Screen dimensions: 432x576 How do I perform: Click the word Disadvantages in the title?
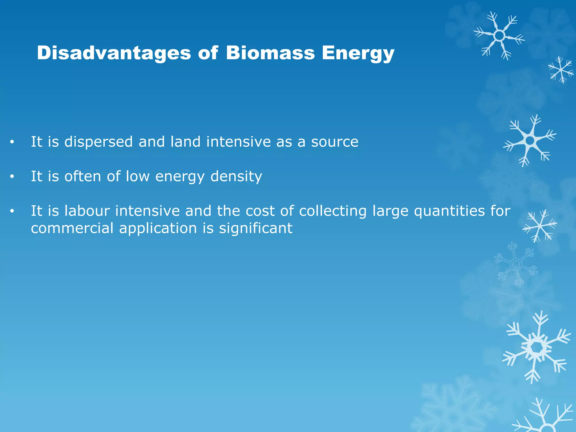coord(114,53)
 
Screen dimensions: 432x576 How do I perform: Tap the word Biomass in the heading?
coord(270,53)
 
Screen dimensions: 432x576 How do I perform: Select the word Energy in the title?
coord(358,53)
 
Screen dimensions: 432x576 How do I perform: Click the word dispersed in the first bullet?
coord(98,141)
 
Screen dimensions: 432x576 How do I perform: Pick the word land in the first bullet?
coord(186,141)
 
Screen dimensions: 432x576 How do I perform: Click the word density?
coord(236,177)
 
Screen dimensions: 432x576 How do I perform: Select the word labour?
coord(87,211)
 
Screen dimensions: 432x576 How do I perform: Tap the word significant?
coord(256,228)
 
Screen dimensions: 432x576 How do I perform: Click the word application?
coord(158,228)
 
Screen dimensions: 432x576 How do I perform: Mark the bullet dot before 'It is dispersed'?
coord(12,142)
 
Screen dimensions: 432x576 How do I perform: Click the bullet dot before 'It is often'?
coord(12,177)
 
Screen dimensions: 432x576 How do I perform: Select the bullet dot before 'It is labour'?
coord(12,211)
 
